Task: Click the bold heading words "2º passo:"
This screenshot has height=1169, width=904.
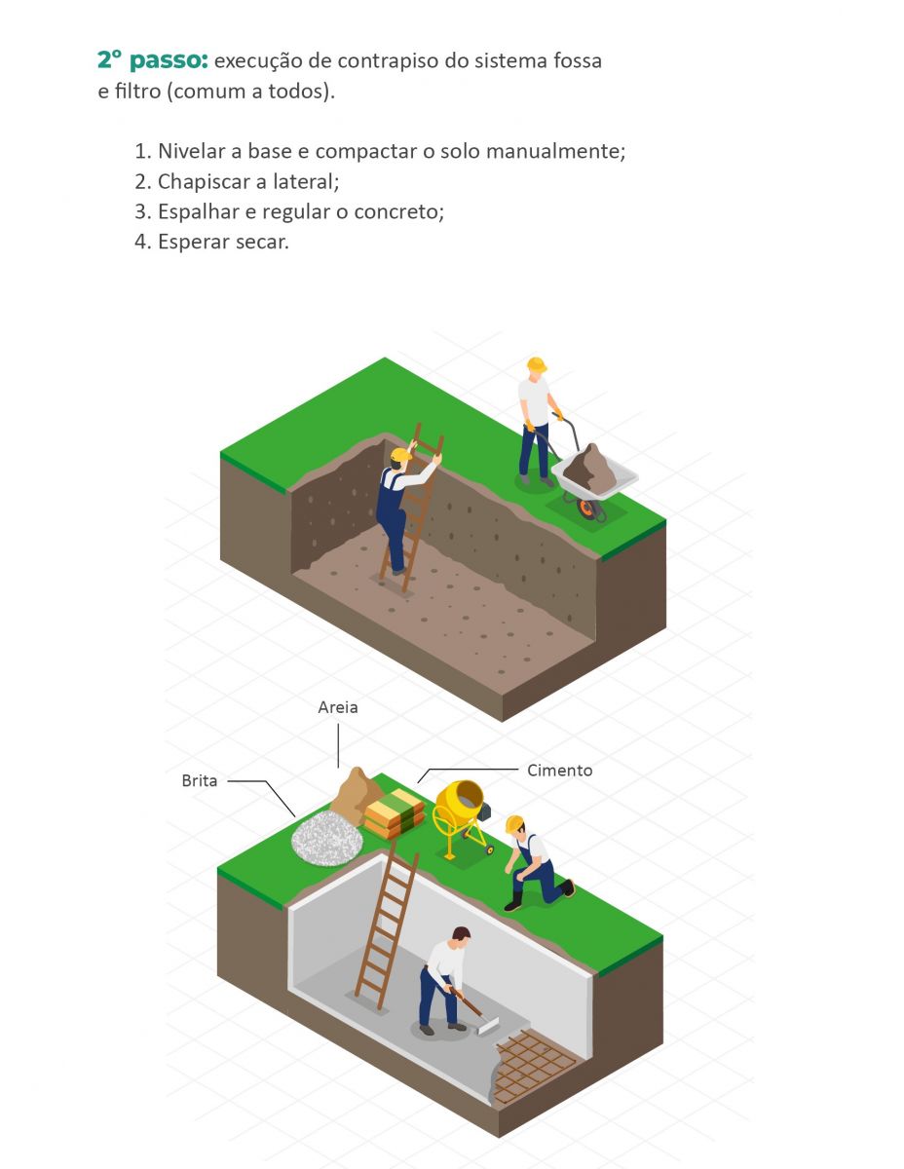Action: point(152,59)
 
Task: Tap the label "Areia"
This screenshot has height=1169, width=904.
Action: point(337,707)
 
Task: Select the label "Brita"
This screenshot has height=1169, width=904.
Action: point(199,780)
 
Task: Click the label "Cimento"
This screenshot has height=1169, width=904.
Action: point(559,771)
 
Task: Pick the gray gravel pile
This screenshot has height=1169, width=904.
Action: point(327,838)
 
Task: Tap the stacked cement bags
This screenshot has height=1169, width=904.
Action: point(395,812)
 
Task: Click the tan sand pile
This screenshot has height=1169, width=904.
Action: point(355,794)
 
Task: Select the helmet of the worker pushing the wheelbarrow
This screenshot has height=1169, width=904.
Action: point(536,364)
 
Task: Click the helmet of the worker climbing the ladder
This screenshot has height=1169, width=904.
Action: point(400,455)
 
